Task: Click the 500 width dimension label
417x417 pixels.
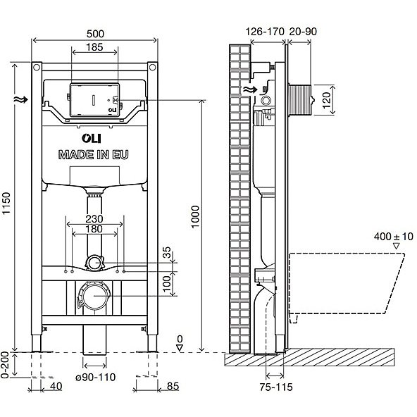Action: (x=95, y=34)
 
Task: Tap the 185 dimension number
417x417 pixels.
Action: (x=94, y=47)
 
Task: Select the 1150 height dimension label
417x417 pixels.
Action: (x=6, y=204)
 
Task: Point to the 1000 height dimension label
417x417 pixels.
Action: (x=195, y=217)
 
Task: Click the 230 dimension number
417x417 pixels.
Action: (x=94, y=219)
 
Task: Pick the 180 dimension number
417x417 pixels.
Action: (x=94, y=229)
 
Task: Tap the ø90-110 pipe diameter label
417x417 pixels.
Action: (x=96, y=377)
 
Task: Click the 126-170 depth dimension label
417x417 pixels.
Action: (x=265, y=32)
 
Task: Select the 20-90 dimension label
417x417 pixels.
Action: (x=303, y=32)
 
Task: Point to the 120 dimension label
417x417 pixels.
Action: (x=326, y=100)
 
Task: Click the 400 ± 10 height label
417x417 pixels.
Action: (x=394, y=237)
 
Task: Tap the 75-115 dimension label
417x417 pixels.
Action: (x=276, y=387)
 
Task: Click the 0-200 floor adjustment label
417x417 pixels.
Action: (x=5, y=365)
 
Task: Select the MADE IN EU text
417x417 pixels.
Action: (x=94, y=155)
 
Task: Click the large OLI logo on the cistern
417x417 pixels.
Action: (x=92, y=138)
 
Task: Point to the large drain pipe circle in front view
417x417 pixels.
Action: (x=94, y=296)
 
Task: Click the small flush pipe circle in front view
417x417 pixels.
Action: (x=94, y=263)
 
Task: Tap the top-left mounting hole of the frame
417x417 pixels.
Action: (x=37, y=68)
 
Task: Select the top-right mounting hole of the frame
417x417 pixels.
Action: (x=152, y=68)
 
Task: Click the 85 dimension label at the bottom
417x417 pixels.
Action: (x=173, y=386)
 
